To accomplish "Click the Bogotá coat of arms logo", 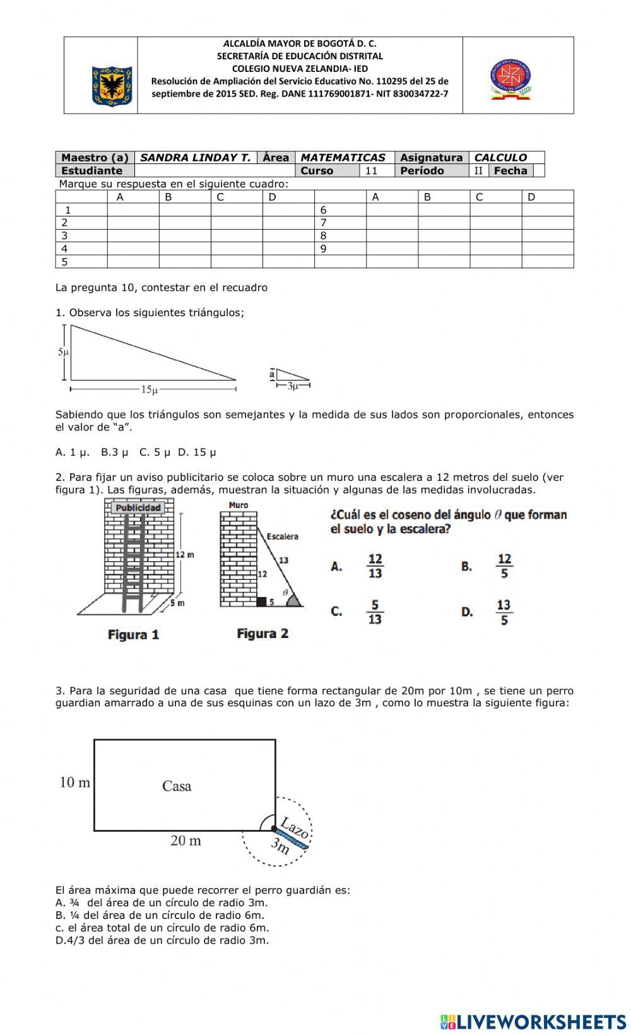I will (112, 85).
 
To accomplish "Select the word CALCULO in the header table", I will (500, 158).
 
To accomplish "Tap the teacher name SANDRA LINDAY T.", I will (195, 158).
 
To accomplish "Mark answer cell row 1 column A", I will (133, 210).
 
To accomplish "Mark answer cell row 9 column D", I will (547, 249).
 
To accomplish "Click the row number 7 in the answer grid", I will (323, 223).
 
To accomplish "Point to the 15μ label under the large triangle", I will (149, 390).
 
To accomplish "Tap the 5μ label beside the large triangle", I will (62, 352).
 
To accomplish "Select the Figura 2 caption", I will (262, 634).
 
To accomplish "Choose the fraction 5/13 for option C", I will (375, 612).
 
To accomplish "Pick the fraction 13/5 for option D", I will (504, 612).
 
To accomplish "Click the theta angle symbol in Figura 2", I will (285, 592).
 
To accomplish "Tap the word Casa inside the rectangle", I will (177, 786).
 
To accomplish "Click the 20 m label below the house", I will (186, 841).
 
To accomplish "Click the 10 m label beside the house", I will (75, 783).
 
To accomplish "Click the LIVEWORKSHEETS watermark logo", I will (533, 1022).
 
